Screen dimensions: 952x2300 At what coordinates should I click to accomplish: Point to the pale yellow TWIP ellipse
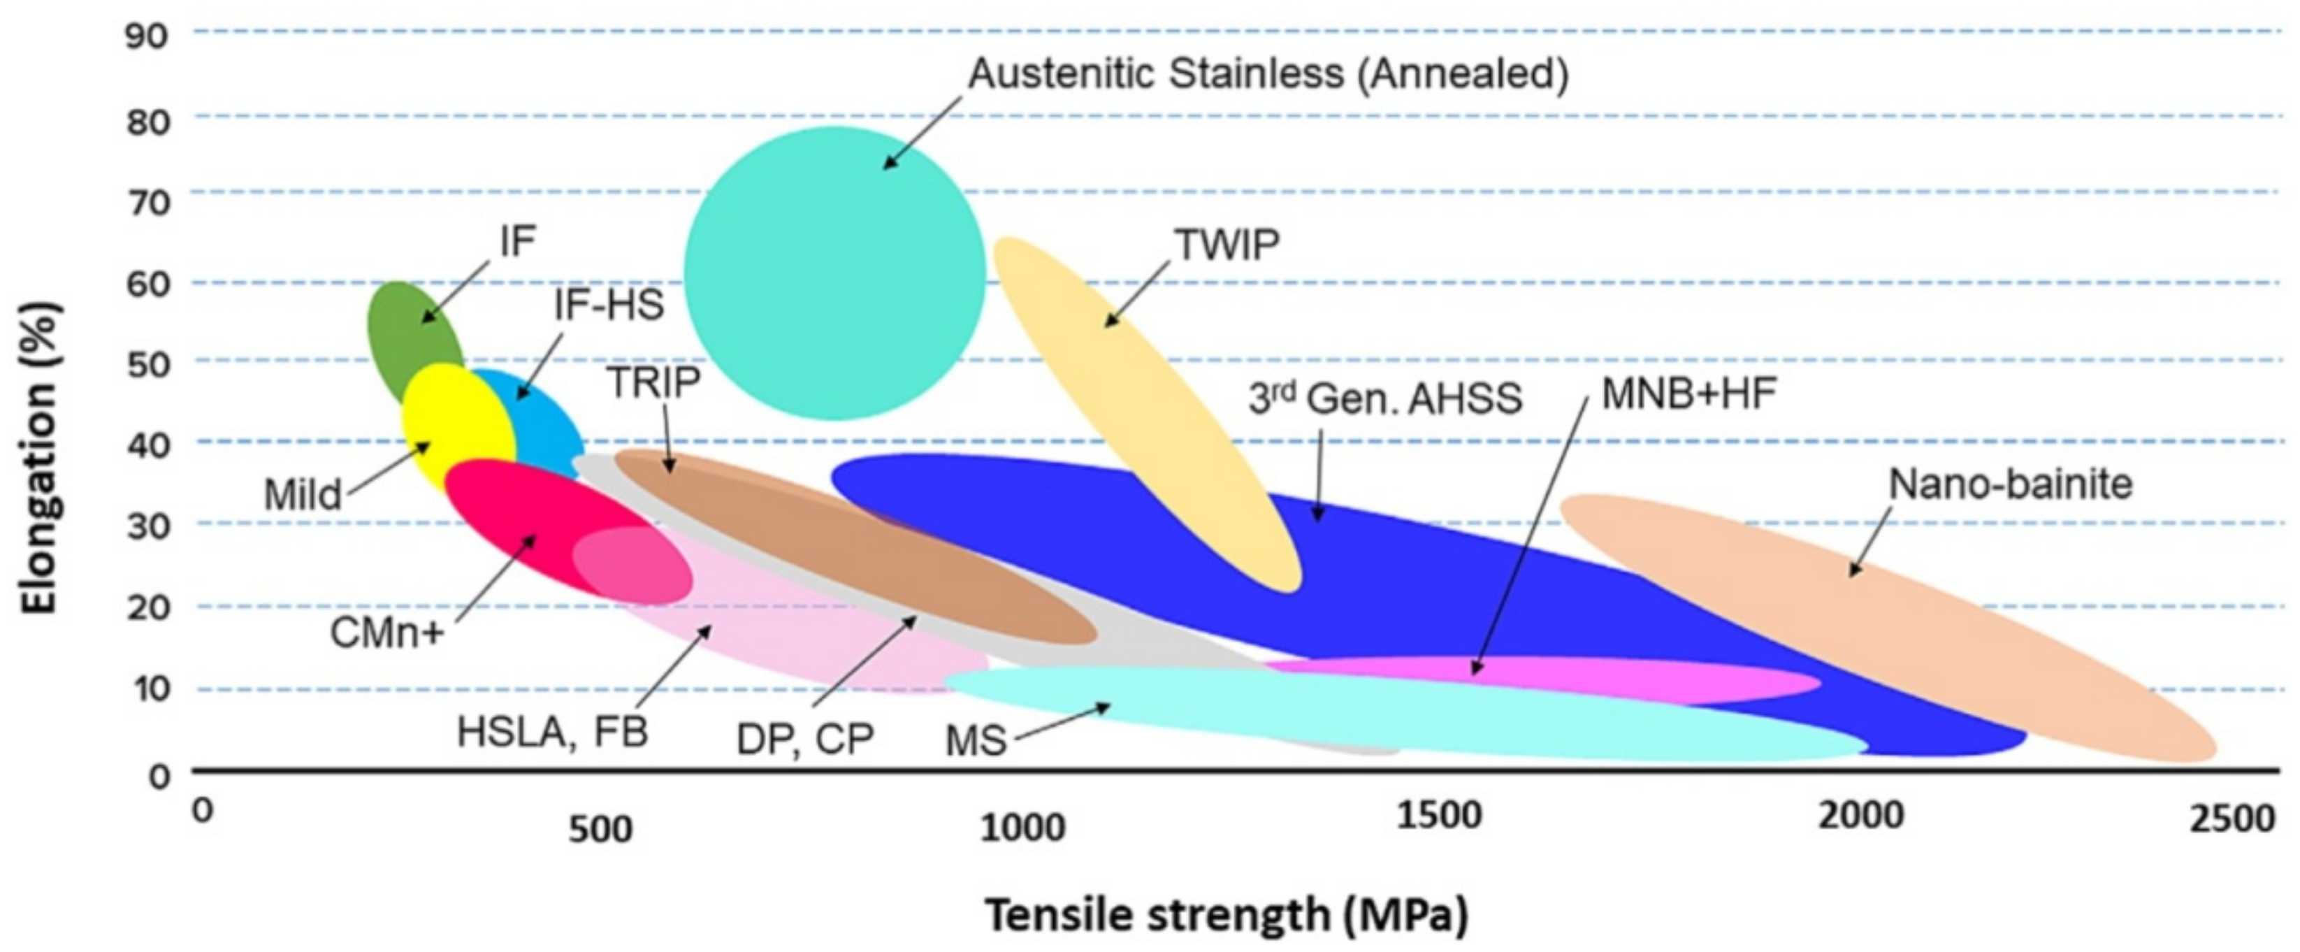pyautogui.click(x=1143, y=402)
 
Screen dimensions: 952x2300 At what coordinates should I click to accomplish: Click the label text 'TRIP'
pyautogui.click(x=653, y=382)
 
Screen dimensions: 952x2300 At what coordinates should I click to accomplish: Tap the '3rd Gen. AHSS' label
pyautogui.click(x=1384, y=398)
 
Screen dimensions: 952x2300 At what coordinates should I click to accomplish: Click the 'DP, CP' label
pyautogui.click(x=804, y=740)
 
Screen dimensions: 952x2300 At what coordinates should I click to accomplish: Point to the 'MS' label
pyautogui.click(x=976, y=740)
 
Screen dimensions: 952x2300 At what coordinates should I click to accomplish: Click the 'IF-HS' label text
pyautogui.click(x=609, y=305)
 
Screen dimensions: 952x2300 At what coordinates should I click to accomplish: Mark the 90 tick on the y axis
pyautogui.click(x=147, y=36)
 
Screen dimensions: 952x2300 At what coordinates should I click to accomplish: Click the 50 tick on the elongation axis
pyautogui.click(x=147, y=364)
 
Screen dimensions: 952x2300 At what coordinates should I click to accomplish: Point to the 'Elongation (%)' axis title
pyautogui.click(x=40, y=458)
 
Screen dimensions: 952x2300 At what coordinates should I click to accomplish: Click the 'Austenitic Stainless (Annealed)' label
pyautogui.click(x=1268, y=73)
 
